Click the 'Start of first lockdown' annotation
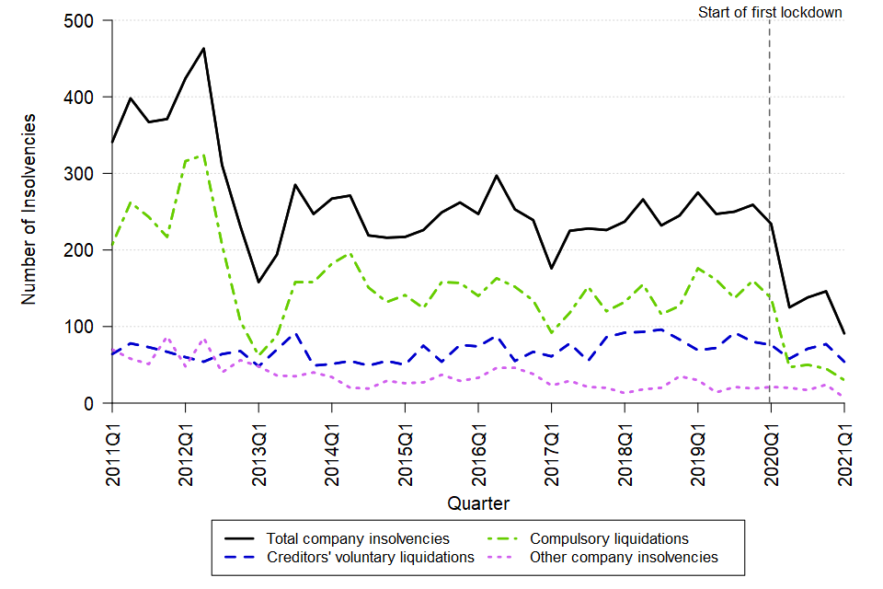[x=770, y=13]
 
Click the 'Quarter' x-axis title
[x=477, y=503]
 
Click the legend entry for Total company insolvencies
[x=358, y=538]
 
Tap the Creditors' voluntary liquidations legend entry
[x=370, y=558]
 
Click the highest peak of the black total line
[x=203, y=48]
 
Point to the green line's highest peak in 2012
[x=203, y=155]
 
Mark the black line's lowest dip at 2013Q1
[x=258, y=282]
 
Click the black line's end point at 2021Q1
[x=843, y=333]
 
